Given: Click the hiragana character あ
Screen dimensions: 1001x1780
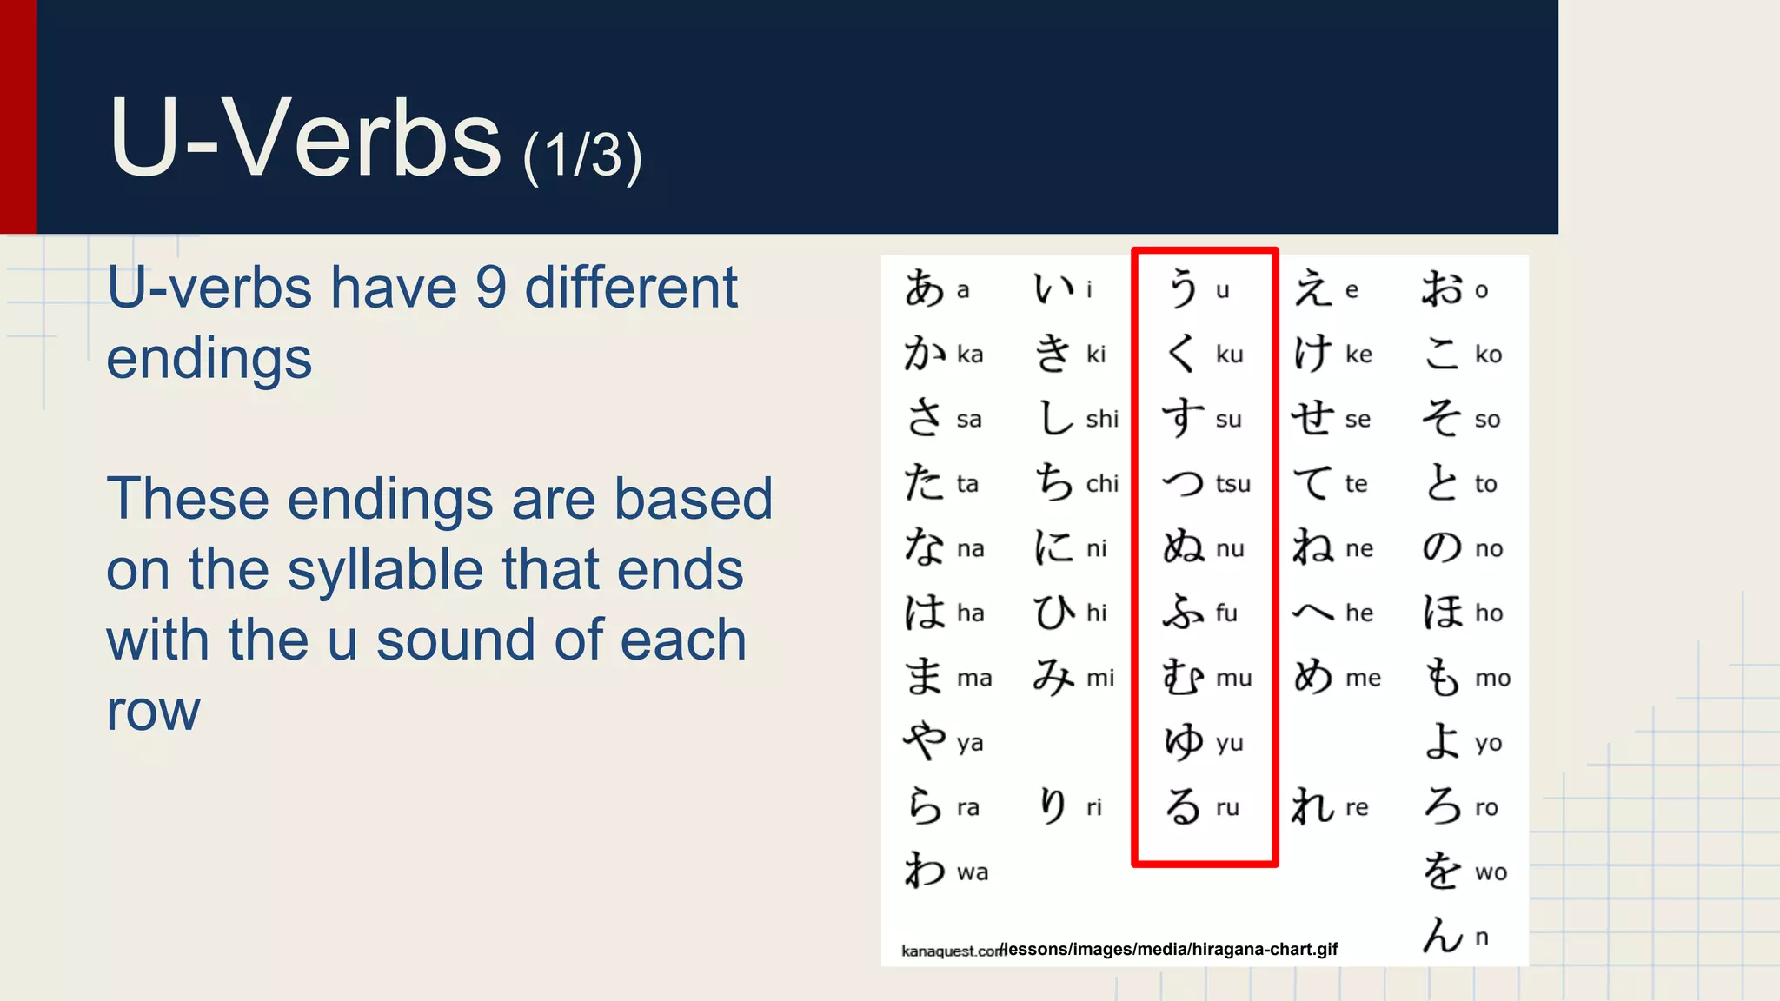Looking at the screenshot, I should click(x=924, y=288).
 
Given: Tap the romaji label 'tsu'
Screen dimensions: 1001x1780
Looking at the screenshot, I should click(x=1232, y=484).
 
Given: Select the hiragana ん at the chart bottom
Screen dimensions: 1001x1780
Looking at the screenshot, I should click(x=1443, y=936).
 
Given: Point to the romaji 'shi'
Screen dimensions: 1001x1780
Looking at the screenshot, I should click(x=1102, y=419).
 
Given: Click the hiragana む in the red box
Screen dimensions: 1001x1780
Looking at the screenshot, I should click(x=1184, y=677).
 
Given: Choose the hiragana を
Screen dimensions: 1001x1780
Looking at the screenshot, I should click(x=1442, y=871).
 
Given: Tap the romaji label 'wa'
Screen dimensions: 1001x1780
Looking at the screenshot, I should click(x=973, y=872).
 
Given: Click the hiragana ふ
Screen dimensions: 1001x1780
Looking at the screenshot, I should click(x=1184, y=612).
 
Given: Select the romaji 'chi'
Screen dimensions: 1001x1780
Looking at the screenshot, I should click(x=1102, y=484).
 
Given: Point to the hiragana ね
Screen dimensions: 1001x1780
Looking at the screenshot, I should click(x=1312, y=547).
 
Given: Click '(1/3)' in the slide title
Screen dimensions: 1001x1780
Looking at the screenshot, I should click(x=582, y=156).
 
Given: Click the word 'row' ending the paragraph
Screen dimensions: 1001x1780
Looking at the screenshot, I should click(x=153, y=711).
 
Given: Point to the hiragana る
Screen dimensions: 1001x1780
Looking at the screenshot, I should click(x=1184, y=806).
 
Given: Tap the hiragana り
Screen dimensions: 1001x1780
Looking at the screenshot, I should click(x=1053, y=806).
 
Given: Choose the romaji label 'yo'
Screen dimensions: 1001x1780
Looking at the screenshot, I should click(x=1488, y=744).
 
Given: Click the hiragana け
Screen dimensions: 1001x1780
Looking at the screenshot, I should click(x=1312, y=354).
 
